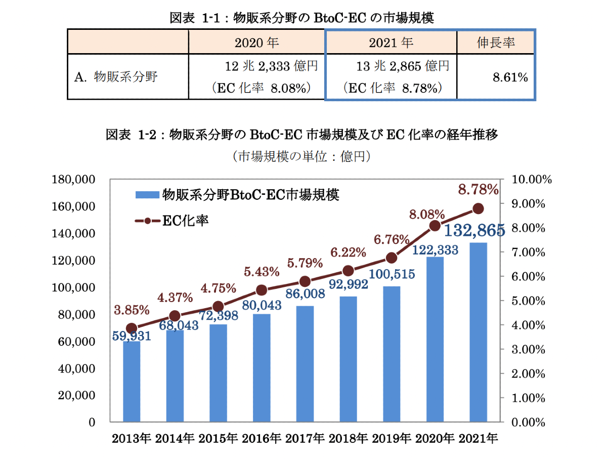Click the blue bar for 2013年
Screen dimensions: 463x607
(x=132, y=382)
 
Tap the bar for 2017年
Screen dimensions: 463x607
(x=305, y=364)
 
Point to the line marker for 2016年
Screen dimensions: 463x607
(x=262, y=290)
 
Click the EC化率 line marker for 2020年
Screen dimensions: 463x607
(x=435, y=226)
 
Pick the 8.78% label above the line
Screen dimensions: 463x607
(x=478, y=190)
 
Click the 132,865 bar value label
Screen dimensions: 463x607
(x=474, y=231)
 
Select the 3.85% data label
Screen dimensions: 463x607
(x=131, y=310)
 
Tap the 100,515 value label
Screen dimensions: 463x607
(x=392, y=274)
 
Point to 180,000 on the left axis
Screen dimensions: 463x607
(x=74, y=180)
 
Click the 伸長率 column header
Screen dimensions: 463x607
(x=495, y=43)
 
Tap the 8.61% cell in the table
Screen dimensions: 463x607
(x=510, y=77)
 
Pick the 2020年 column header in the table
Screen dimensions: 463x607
(x=257, y=43)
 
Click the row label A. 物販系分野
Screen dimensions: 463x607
(x=116, y=77)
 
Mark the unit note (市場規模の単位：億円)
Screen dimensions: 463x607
(x=302, y=156)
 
